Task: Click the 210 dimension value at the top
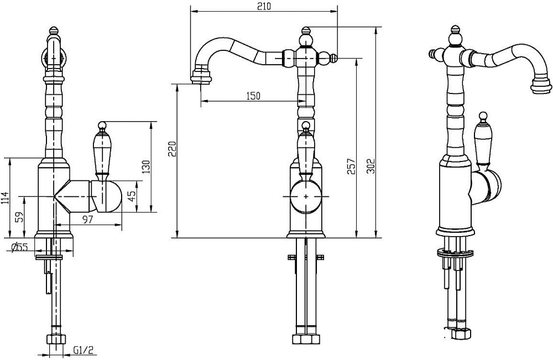(264, 7)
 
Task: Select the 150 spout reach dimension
(253, 96)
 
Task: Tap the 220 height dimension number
(172, 149)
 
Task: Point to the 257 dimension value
(351, 166)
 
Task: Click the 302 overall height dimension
(371, 166)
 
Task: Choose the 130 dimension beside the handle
(146, 167)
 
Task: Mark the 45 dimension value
(132, 196)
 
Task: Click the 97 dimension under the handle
(88, 220)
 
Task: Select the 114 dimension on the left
(4, 199)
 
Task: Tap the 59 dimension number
(20, 216)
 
